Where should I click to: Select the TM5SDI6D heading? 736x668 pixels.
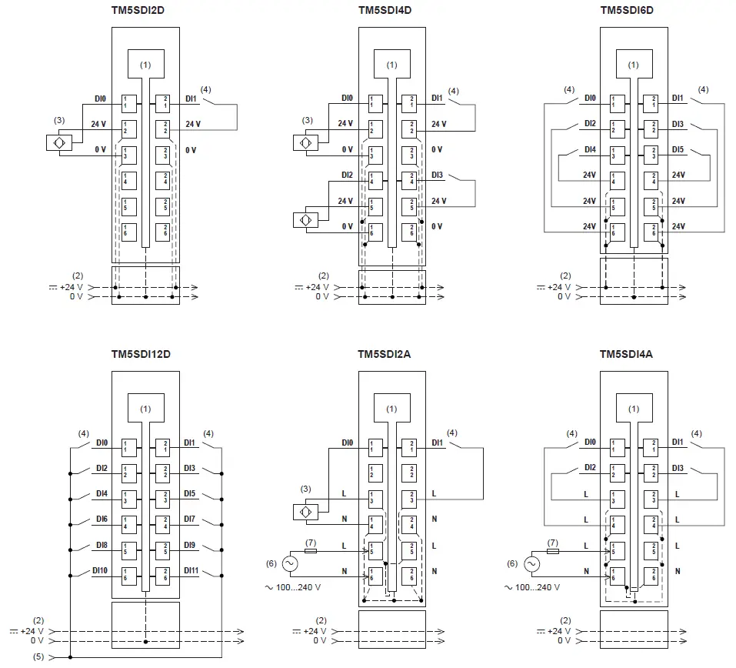pyautogui.click(x=632, y=10)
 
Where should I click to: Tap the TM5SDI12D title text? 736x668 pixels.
pyautogui.click(x=145, y=354)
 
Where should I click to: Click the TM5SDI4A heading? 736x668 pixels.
pyautogui.click(x=632, y=354)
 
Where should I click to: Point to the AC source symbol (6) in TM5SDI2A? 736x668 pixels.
pyautogui.click(x=291, y=564)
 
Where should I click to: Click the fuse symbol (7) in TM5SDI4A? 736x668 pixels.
pyautogui.click(x=553, y=552)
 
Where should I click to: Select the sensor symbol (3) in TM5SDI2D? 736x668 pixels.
pyautogui.click(x=59, y=143)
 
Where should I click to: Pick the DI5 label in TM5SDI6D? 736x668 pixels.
pyautogui.click(x=678, y=149)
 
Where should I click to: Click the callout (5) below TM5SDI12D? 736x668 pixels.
pyautogui.click(x=38, y=656)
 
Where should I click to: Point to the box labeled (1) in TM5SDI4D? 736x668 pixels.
pyautogui.click(x=392, y=65)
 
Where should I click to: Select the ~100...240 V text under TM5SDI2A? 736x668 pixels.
pyautogui.click(x=298, y=587)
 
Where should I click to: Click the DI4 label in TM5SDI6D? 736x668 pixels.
pyautogui.click(x=590, y=149)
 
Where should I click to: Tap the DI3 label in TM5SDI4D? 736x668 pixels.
pyautogui.click(x=437, y=175)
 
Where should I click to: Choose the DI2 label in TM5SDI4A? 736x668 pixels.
pyautogui.click(x=590, y=468)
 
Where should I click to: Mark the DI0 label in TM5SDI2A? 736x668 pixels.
pyautogui.click(x=347, y=443)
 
